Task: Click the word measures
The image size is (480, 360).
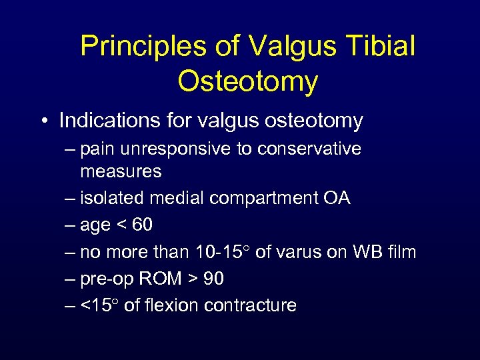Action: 121,171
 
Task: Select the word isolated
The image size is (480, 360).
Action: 110,198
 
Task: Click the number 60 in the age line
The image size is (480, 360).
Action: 142,225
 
